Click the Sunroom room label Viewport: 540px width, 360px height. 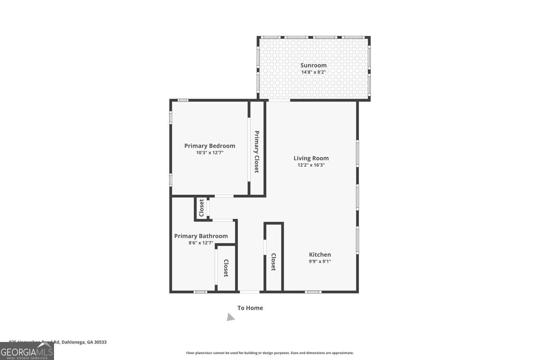point(313,65)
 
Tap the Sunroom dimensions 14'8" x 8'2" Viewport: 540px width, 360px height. point(313,72)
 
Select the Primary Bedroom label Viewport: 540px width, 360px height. point(210,146)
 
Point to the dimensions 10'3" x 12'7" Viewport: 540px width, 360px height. point(210,153)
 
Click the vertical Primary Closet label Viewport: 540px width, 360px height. point(257,152)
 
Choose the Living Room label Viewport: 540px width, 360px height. point(311,158)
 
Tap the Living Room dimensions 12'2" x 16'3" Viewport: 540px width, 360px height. point(311,165)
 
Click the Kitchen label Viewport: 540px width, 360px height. point(320,255)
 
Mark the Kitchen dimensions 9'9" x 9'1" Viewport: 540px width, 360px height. point(320,261)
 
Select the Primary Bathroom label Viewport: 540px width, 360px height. point(201,236)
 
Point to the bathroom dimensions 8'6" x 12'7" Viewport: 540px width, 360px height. point(201,243)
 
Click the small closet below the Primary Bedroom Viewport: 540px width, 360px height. point(202,208)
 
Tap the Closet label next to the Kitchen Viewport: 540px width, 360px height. point(273,262)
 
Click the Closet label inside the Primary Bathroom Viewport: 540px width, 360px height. point(226,268)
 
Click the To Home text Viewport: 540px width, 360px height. point(250,308)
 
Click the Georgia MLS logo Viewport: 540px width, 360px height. point(27,351)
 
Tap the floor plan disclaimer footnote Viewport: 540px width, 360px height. point(270,353)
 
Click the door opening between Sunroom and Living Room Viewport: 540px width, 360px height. point(279,100)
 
